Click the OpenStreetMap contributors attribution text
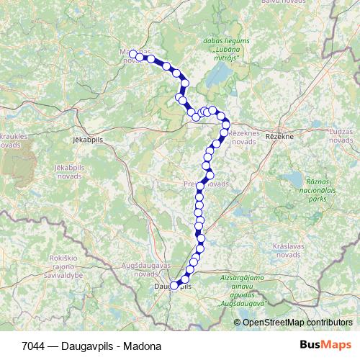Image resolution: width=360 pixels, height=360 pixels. [x=297, y=323]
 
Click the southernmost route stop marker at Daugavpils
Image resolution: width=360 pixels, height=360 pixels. [x=174, y=285]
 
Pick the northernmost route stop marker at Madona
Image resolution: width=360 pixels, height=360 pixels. [x=133, y=54]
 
